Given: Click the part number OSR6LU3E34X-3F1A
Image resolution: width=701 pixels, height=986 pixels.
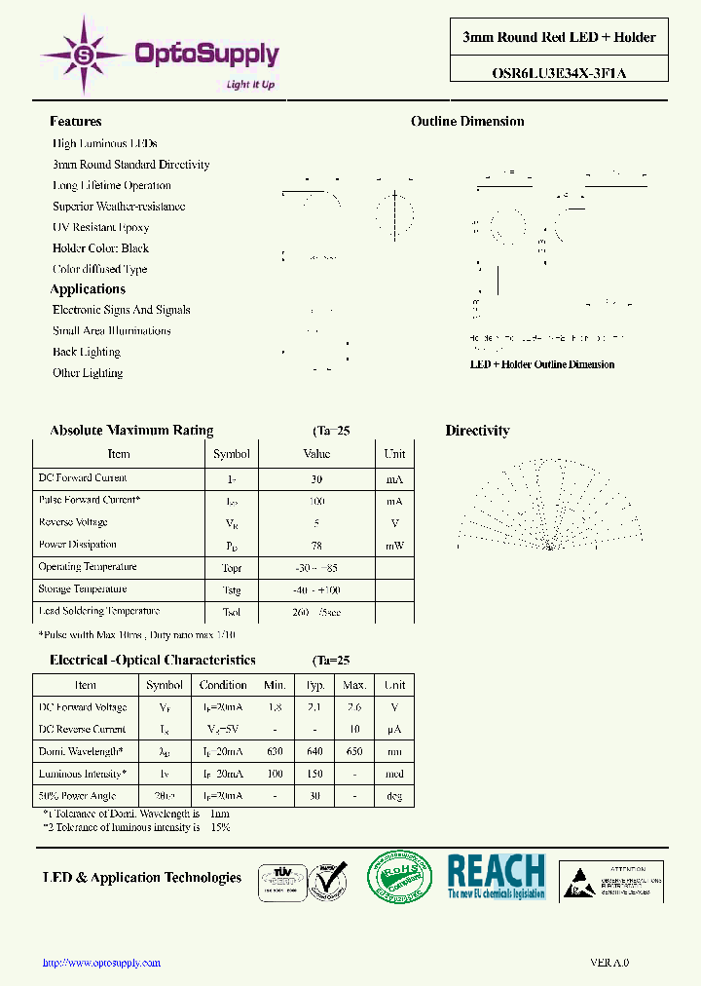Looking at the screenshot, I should (559, 70).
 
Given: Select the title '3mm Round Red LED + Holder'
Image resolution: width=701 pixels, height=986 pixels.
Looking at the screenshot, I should (559, 37).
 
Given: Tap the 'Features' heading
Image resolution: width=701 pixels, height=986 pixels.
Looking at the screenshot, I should (76, 122).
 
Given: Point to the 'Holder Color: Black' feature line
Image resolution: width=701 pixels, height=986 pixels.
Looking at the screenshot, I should (100, 248).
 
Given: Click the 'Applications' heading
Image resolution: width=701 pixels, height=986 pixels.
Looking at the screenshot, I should (88, 289).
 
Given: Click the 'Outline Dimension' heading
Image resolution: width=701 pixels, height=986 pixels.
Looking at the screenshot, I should (467, 122).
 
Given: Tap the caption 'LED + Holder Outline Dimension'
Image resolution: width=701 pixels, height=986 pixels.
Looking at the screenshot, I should (542, 364).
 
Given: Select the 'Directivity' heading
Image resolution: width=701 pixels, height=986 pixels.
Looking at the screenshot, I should (477, 431).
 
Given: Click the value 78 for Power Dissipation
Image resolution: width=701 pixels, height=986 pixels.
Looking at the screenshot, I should (316, 546).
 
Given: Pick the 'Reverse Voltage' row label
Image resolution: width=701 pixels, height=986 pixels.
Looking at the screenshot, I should (73, 522).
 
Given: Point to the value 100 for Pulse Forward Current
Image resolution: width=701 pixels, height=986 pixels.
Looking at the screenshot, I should (316, 501).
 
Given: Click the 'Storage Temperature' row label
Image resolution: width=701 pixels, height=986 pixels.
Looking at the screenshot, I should (83, 589).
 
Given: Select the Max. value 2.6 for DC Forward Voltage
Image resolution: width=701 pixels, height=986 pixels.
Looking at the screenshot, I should (354, 707).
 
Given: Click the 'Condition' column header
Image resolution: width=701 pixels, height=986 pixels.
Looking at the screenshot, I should (223, 685).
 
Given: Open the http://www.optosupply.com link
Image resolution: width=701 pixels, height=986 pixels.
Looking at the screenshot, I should (102, 963).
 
